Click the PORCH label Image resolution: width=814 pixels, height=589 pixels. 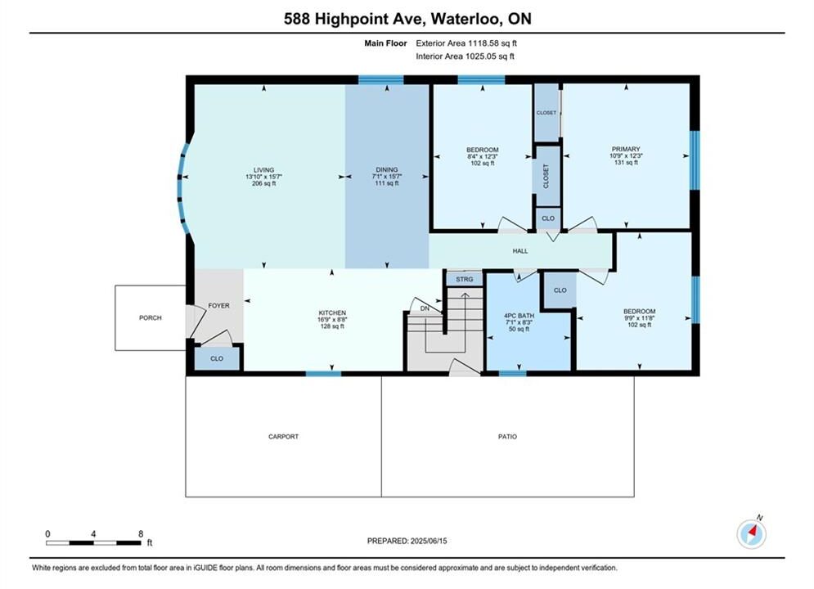click(150, 317)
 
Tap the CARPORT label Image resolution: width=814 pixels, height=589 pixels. click(283, 436)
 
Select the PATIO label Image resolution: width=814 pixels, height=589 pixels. click(507, 436)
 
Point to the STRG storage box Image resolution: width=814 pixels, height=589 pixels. click(465, 279)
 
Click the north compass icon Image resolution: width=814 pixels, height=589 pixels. click(751, 533)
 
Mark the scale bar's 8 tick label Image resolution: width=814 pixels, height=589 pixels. click(141, 533)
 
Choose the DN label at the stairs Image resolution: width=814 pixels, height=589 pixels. click(425, 308)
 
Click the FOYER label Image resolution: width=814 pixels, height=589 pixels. click(218, 306)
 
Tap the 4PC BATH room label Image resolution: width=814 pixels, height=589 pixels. click(519, 316)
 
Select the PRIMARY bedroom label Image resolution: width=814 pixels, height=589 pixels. click(626, 149)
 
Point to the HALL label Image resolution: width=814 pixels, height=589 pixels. click(520, 250)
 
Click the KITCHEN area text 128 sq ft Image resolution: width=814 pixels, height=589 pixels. click(332, 326)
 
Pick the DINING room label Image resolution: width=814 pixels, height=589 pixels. click(387, 169)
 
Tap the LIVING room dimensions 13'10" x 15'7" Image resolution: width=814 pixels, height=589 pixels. click(263, 177)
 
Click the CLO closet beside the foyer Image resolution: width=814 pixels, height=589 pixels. click(217, 358)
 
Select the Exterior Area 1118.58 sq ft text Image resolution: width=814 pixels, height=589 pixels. click(466, 43)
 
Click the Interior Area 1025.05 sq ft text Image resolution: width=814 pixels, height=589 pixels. click(465, 56)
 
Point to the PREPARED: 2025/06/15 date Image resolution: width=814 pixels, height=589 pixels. click(407, 541)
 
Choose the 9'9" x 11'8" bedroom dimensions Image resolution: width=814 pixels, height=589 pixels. click(640, 318)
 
